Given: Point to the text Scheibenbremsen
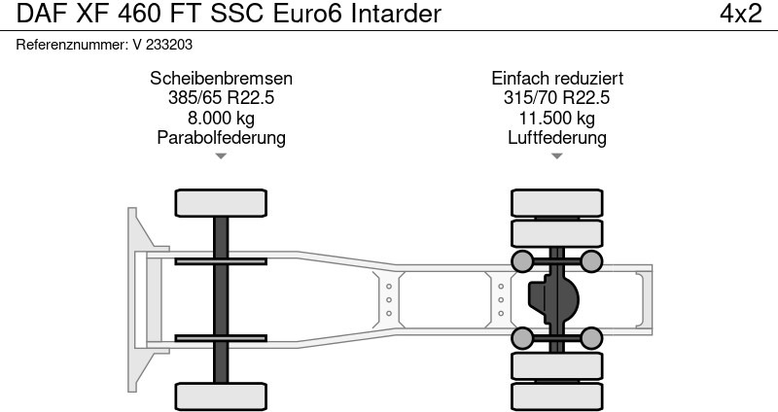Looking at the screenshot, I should point(221,79).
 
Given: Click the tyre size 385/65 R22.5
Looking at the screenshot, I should point(221,98).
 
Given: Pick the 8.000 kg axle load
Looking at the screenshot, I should point(221,118).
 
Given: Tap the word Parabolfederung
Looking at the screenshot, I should point(221,137).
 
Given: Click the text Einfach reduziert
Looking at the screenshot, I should point(557,79).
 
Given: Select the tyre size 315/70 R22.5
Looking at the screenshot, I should point(557,98).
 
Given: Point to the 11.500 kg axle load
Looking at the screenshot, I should point(557,118).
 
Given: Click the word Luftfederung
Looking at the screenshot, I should point(557,137).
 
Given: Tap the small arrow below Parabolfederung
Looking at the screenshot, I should point(221,155).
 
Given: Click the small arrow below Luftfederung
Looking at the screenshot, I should point(557,155).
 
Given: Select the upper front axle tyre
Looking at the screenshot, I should point(221,202).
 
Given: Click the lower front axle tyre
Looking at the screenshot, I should point(221,396).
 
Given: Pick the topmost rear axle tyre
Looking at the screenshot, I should point(557,202).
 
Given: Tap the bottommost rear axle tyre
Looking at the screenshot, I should point(557,396).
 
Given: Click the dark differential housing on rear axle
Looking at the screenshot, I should point(550,299).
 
